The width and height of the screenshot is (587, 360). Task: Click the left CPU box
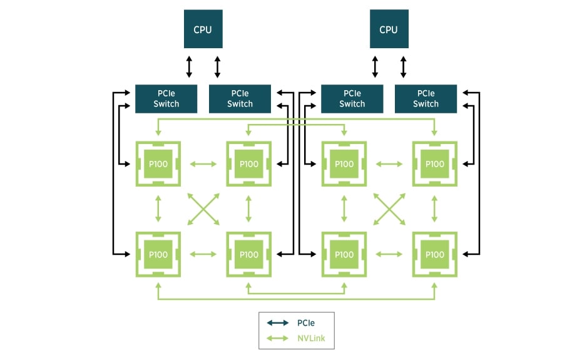coord(203,29)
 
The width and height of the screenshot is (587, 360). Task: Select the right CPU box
coord(389,29)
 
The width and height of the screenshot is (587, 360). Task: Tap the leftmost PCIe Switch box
coord(166,99)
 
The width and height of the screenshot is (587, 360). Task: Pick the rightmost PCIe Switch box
coord(426,99)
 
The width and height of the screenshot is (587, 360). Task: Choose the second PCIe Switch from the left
coord(240,99)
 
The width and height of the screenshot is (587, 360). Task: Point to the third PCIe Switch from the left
coord(352,99)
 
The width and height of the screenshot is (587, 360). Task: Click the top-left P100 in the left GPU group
coord(158,164)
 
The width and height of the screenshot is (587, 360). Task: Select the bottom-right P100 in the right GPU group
coord(434,255)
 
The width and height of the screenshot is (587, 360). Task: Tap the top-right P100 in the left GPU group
coord(249,164)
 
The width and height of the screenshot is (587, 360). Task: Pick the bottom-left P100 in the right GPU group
coord(344,255)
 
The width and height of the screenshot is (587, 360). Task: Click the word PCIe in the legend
coord(306,323)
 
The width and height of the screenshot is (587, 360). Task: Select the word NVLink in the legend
coord(311,339)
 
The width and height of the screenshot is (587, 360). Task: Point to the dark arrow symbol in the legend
coord(278,323)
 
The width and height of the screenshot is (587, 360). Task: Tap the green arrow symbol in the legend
coord(278,339)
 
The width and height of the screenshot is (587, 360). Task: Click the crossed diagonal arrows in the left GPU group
coord(203,209)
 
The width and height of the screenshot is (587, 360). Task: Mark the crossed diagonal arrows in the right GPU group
coord(389,209)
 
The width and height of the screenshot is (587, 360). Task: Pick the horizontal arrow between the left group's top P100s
coord(203,164)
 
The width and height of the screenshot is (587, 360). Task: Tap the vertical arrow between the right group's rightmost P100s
coord(434,209)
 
